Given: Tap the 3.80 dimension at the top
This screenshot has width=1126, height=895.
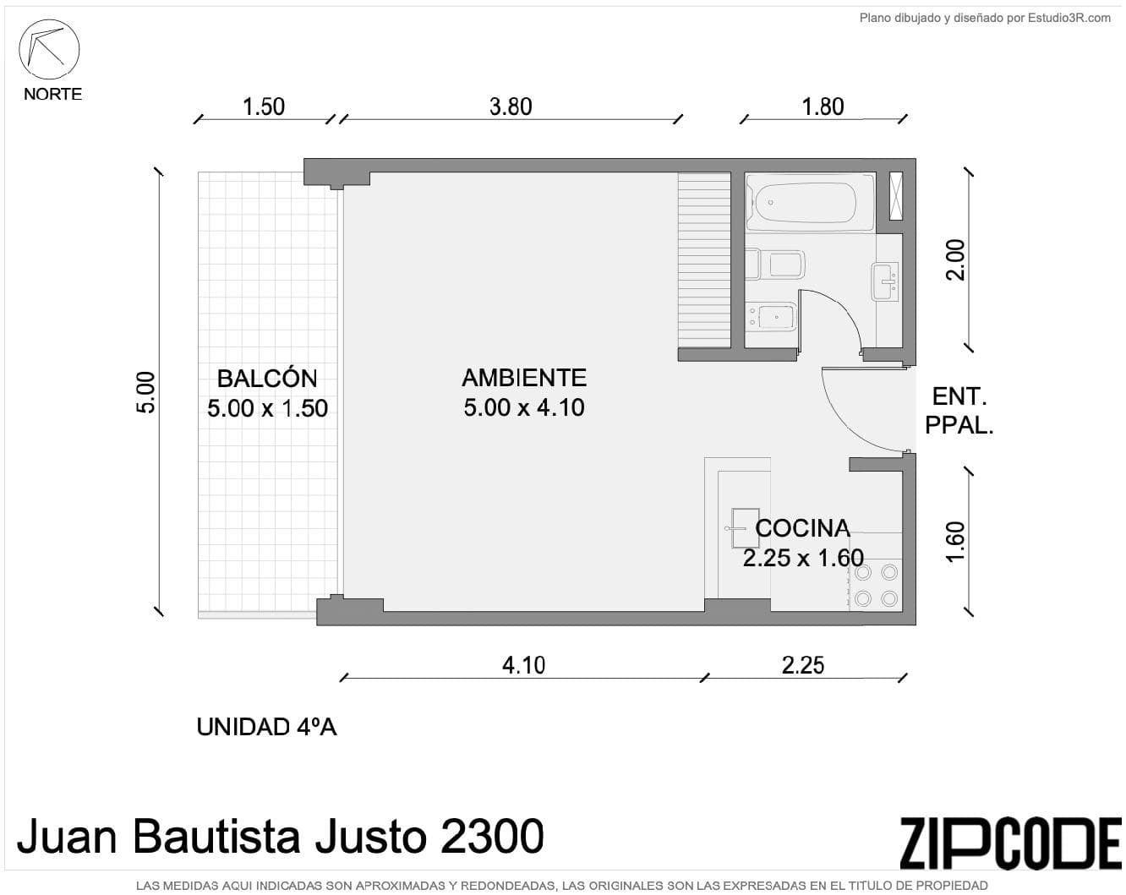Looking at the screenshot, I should pos(511,106).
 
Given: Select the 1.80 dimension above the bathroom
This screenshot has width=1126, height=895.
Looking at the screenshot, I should pos(823,106).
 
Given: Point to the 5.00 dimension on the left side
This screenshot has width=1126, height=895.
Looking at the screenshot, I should pos(145,392).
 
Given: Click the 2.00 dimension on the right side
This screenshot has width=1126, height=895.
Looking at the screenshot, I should pos(954,260).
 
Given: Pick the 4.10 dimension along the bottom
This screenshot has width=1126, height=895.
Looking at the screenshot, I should pos(523,665).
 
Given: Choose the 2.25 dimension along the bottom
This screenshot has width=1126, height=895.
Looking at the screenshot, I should pos(802,665).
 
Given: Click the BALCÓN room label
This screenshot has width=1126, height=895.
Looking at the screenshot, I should pos(267,379).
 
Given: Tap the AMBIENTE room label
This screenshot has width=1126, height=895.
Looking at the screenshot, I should pos(524,378).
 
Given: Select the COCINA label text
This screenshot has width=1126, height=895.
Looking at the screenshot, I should pos(802,528).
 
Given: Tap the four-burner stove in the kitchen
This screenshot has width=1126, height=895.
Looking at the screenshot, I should pos(876,585).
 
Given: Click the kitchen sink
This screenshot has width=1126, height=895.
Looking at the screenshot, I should pos(744,528).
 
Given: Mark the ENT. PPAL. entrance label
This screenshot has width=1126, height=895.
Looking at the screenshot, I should pos(959,411).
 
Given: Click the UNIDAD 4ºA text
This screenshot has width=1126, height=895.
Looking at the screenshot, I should pos(266,727).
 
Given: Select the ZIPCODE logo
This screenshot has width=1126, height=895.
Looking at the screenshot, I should pos(1009,843).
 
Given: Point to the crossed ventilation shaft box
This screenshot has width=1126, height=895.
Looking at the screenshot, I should pos(896,196).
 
